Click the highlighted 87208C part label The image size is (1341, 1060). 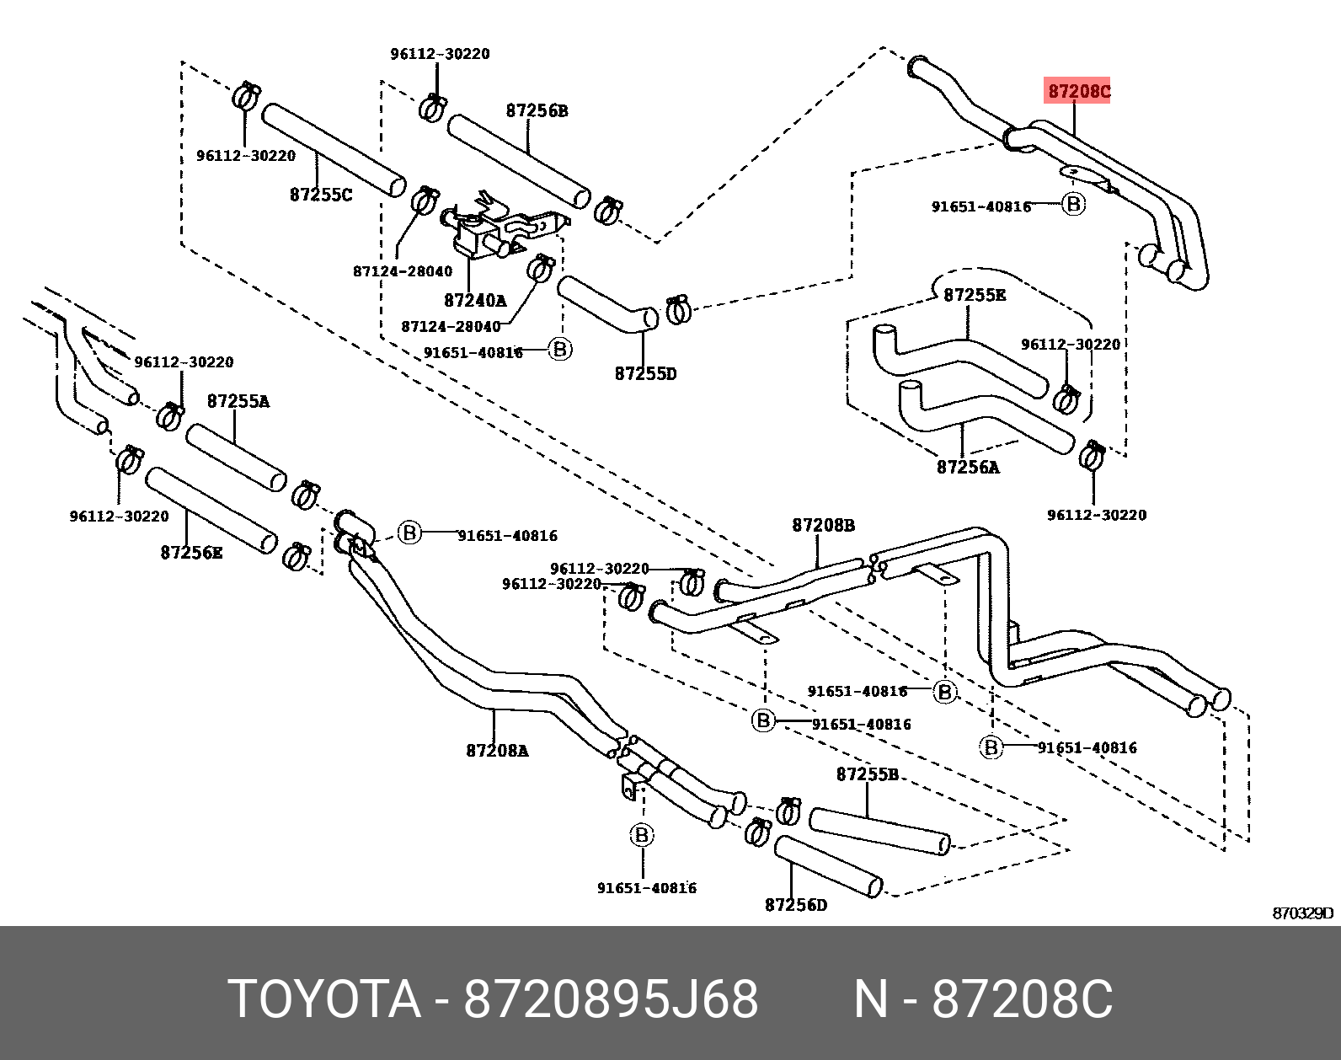click(1078, 91)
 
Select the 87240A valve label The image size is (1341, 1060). click(475, 301)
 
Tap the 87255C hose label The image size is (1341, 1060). click(321, 195)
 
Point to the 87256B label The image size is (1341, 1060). click(537, 110)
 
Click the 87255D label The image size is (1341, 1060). click(645, 373)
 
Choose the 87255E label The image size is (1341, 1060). click(975, 295)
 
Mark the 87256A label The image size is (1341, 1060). click(968, 467)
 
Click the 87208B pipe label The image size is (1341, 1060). click(823, 525)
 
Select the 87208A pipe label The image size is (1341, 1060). click(497, 750)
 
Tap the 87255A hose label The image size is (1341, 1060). click(238, 401)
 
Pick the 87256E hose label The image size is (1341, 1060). click(191, 553)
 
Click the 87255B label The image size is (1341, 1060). click(867, 774)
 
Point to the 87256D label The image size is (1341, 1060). click(796, 904)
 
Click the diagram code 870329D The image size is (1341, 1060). click(1302, 913)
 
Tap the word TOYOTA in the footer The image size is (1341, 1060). click(324, 999)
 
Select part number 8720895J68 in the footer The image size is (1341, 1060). click(611, 999)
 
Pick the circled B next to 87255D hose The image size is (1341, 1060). click(560, 349)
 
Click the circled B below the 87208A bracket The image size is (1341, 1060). click(642, 835)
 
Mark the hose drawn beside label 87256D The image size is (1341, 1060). click(828, 866)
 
